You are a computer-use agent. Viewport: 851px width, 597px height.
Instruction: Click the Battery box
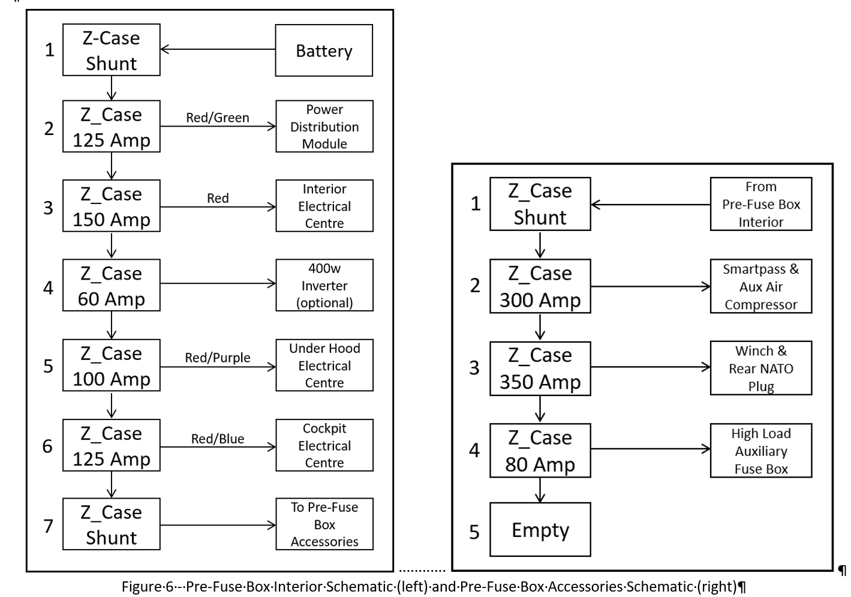pyautogui.click(x=324, y=50)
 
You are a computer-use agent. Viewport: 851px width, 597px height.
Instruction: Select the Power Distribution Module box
pyautogui.click(x=324, y=127)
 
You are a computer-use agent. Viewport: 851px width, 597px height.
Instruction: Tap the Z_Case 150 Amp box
pyautogui.click(x=112, y=206)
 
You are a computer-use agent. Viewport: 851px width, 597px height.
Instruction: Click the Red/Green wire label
pyautogui.click(x=218, y=118)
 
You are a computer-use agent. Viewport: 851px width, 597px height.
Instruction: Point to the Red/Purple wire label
pyautogui.click(x=218, y=358)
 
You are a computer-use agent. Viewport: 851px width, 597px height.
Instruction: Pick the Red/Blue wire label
pyautogui.click(x=218, y=439)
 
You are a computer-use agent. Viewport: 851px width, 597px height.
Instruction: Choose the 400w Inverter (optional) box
pyautogui.click(x=324, y=285)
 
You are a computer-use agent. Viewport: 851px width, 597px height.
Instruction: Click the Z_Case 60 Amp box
pyautogui.click(x=112, y=285)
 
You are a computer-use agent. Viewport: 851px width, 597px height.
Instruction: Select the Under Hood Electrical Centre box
pyautogui.click(x=324, y=365)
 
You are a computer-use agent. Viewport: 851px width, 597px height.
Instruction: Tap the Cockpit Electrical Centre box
pyautogui.click(x=324, y=445)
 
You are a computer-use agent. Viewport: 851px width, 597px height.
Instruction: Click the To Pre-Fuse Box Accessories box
pyautogui.click(x=324, y=524)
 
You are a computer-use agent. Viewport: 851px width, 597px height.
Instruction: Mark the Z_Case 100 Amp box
pyautogui.click(x=112, y=365)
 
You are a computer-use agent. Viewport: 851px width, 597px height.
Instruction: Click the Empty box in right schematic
pyautogui.click(x=540, y=529)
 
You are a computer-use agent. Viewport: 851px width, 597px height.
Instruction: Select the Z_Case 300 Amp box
pyautogui.click(x=540, y=286)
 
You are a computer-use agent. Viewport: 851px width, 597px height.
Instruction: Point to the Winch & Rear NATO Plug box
pyautogui.click(x=761, y=368)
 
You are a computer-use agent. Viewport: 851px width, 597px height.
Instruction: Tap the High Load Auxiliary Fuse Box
pyautogui.click(x=761, y=451)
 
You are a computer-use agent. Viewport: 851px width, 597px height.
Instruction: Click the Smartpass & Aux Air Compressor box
pyautogui.click(x=761, y=286)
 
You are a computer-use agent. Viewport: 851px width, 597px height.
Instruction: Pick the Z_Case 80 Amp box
pyautogui.click(x=540, y=451)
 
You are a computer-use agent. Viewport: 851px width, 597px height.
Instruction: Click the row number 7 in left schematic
pyautogui.click(x=49, y=526)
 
